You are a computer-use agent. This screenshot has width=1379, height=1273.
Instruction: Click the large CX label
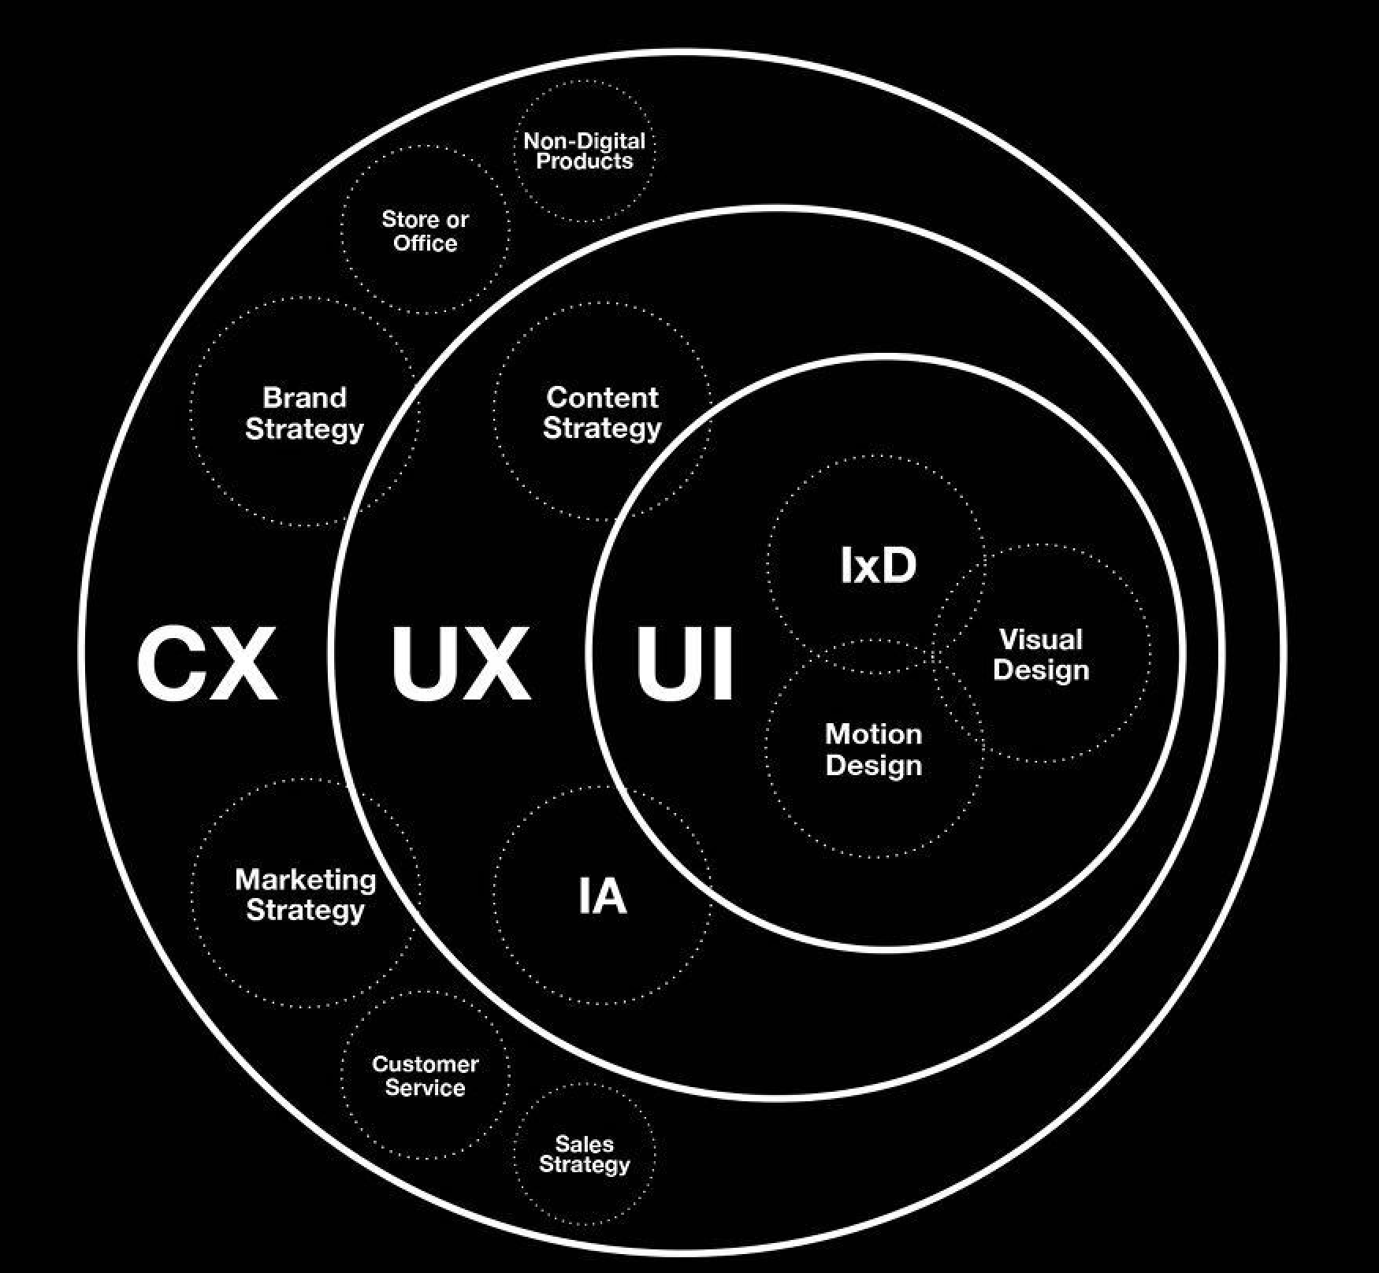pos(207,662)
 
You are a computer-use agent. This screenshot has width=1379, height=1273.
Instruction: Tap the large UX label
pos(461,662)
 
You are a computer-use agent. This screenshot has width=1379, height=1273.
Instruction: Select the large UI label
pos(685,662)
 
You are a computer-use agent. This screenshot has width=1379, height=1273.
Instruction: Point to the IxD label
pos(878,566)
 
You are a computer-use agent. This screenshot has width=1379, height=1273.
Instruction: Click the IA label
pos(602,896)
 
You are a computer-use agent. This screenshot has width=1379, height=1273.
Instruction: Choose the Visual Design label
pos(1040,655)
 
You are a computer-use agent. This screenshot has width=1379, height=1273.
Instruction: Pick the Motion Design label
pos(873,749)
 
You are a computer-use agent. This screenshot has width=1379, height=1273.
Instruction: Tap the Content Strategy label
pos(602,413)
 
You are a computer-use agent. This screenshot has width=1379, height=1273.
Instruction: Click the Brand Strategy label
pos(304,413)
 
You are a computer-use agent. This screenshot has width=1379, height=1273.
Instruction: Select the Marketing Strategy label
pos(306,894)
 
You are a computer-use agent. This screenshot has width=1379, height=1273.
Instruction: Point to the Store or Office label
pos(425,231)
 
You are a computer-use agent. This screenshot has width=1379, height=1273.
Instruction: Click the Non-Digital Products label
pos(584,151)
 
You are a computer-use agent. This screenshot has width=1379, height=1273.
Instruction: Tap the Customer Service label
pos(425,1075)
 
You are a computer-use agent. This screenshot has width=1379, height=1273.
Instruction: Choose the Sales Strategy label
pos(584,1154)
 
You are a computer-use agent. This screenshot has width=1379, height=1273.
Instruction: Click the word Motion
pos(873,734)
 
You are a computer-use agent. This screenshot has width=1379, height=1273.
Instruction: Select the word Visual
pos(1040,640)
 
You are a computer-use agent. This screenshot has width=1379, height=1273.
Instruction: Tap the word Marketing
pos(306,879)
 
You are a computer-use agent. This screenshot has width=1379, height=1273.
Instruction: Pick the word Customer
pos(425,1064)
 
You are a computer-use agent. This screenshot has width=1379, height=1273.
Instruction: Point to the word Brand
pos(304,397)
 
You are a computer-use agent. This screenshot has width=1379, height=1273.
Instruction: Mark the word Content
pos(602,398)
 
